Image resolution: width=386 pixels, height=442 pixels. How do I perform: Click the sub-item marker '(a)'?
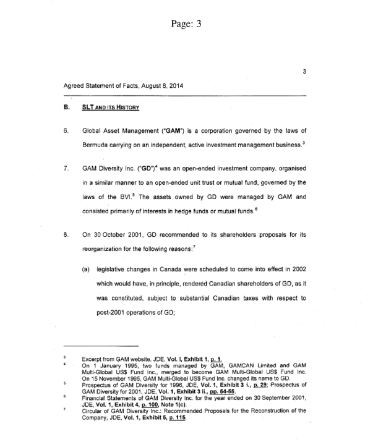coord(87,270)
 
